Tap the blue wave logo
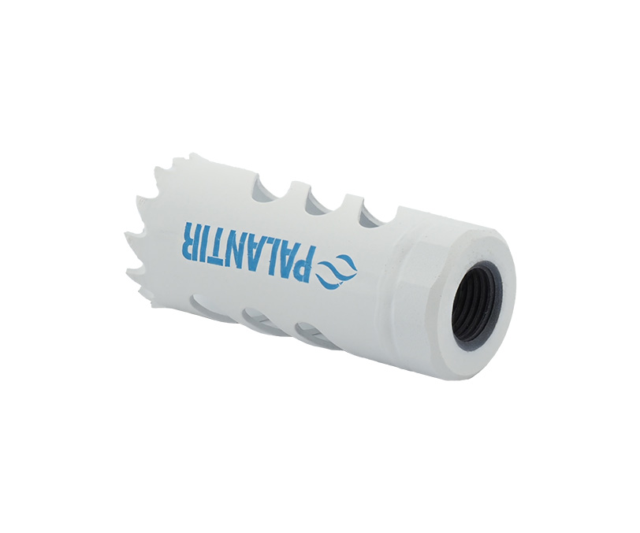point(337,273)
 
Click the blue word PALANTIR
point(250,253)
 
